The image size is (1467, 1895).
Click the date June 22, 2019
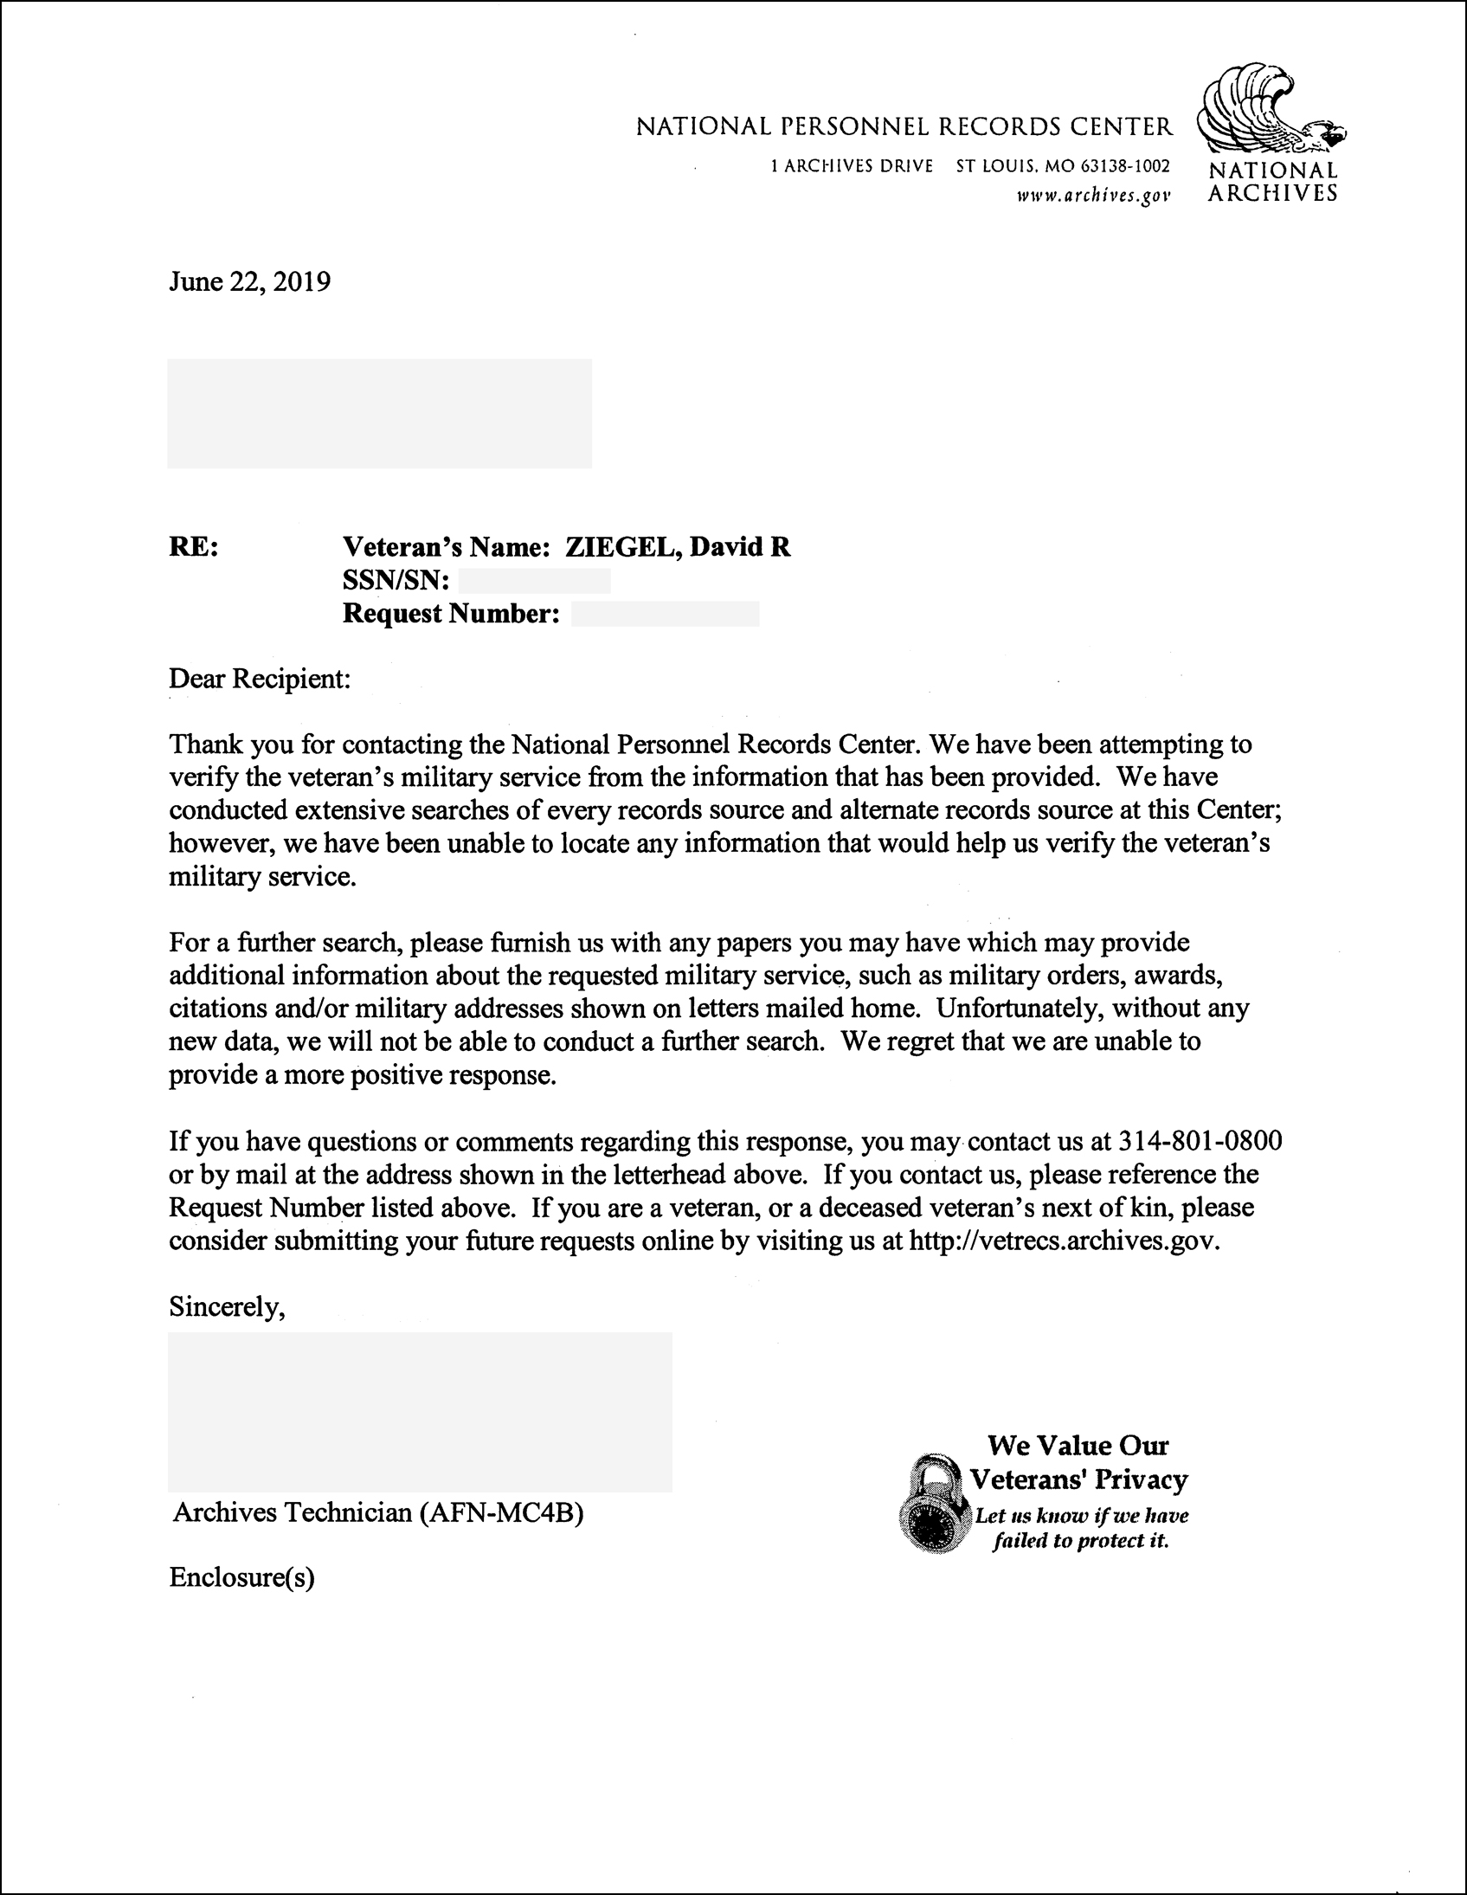(249, 282)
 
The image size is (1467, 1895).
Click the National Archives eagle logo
(1269, 109)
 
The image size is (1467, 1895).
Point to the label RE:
(194, 547)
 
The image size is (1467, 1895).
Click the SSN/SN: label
(396, 581)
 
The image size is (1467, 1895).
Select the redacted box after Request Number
(665, 615)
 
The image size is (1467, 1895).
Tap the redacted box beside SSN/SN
(533, 581)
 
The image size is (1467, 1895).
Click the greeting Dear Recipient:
(260, 679)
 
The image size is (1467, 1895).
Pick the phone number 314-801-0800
(1200, 1141)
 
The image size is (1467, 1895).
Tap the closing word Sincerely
(227, 1306)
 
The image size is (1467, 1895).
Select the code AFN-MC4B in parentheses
(501, 1512)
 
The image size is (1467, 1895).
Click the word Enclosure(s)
(241, 1577)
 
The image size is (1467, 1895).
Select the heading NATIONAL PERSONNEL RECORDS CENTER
(904, 127)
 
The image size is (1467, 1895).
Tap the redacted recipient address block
(379, 414)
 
